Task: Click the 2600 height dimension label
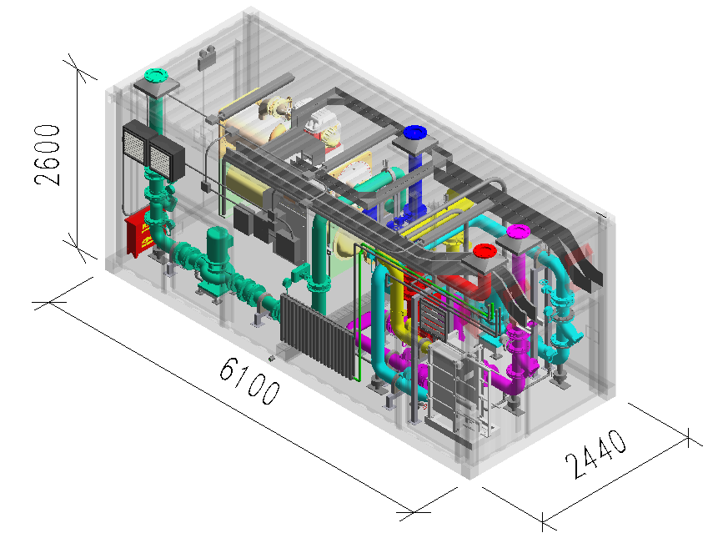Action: tap(48, 155)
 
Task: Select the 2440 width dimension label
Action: tap(595, 454)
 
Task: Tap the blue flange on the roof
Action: tap(415, 133)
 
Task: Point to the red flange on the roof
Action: tap(485, 251)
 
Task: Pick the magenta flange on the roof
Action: tap(518, 231)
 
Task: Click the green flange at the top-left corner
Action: tap(156, 75)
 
